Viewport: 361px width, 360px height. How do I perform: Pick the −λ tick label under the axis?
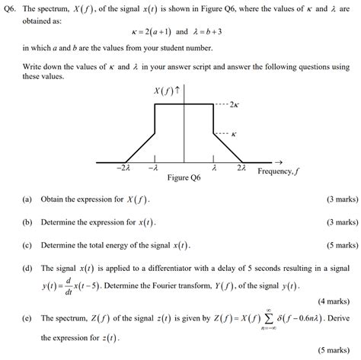click(x=154, y=169)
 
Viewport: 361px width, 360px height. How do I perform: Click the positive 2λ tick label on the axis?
click(x=241, y=168)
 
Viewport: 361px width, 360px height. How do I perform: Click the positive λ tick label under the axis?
click(x=215, y=168)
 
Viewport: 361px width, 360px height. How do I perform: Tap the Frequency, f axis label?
click(x=278, y=172)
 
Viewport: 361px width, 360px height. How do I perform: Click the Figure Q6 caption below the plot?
click(x=184, y=178)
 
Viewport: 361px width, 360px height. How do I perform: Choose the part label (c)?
click(x=27, y=246)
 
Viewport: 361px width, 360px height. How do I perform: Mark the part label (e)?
click(x=27, y=320)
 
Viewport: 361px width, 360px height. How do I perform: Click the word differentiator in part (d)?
click(x=183, y=269)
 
